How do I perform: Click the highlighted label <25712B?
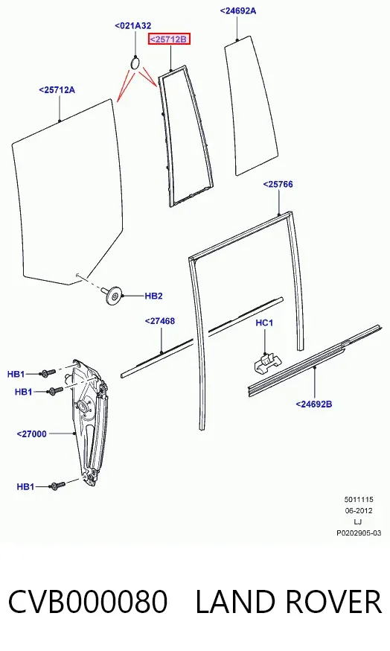tap(169, 39)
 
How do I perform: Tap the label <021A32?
tap(132, 26)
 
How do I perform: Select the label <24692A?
tap(237, 10)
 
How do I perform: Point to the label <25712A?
tap(57, 89)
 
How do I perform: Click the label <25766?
tap(278, 184)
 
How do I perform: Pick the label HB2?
tap(153, 296)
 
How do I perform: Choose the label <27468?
tap(160, 320)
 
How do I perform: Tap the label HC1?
tap(264, 323)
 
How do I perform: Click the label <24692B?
tap(313, 404)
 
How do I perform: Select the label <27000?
tap(31, 434)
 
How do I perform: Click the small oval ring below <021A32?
tap(135, 63)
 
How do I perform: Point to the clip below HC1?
tap(266, 363)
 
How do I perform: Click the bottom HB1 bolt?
tap(57, 485)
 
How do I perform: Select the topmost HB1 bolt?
tap(48, 373)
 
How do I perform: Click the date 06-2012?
tap(359, 511)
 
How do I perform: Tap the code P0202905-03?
tap(359, 533)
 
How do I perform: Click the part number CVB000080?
tap(88, 602)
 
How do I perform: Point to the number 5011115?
tap(359, 500)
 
